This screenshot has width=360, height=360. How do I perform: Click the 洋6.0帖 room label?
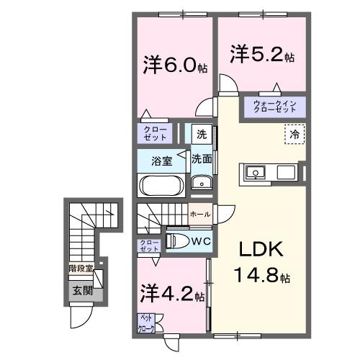tap(175, 66)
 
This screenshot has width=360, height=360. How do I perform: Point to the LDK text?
tap(261, 250)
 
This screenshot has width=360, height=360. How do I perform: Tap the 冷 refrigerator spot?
tap(294, 135)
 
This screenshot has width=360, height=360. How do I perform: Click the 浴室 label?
tap(161, 161)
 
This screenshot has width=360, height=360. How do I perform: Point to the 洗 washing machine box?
tap(202, 133)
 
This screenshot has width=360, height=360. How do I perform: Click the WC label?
tap(201, 240)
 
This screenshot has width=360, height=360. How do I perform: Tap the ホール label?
tap(199, 215)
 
